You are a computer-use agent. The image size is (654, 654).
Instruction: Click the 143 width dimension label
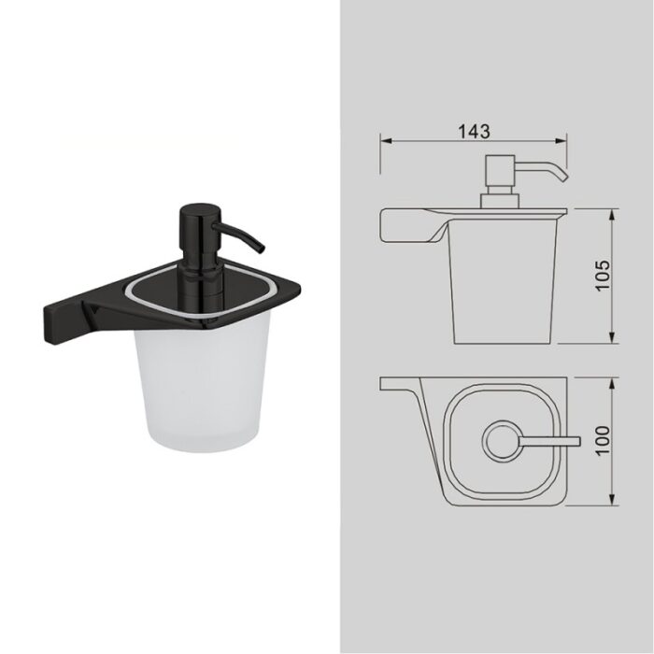click(x=475, y=131)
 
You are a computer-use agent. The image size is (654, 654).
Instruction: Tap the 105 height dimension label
click(x=603, y=276)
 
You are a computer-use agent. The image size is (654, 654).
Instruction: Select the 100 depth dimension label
click(x=603, y=441)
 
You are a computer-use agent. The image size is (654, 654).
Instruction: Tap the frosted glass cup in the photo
click(x=202, y=384)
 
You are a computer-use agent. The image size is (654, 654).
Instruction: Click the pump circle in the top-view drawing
click(x=501, y=440)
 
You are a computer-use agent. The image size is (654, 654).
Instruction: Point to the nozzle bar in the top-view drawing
click(x=549, y=441)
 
